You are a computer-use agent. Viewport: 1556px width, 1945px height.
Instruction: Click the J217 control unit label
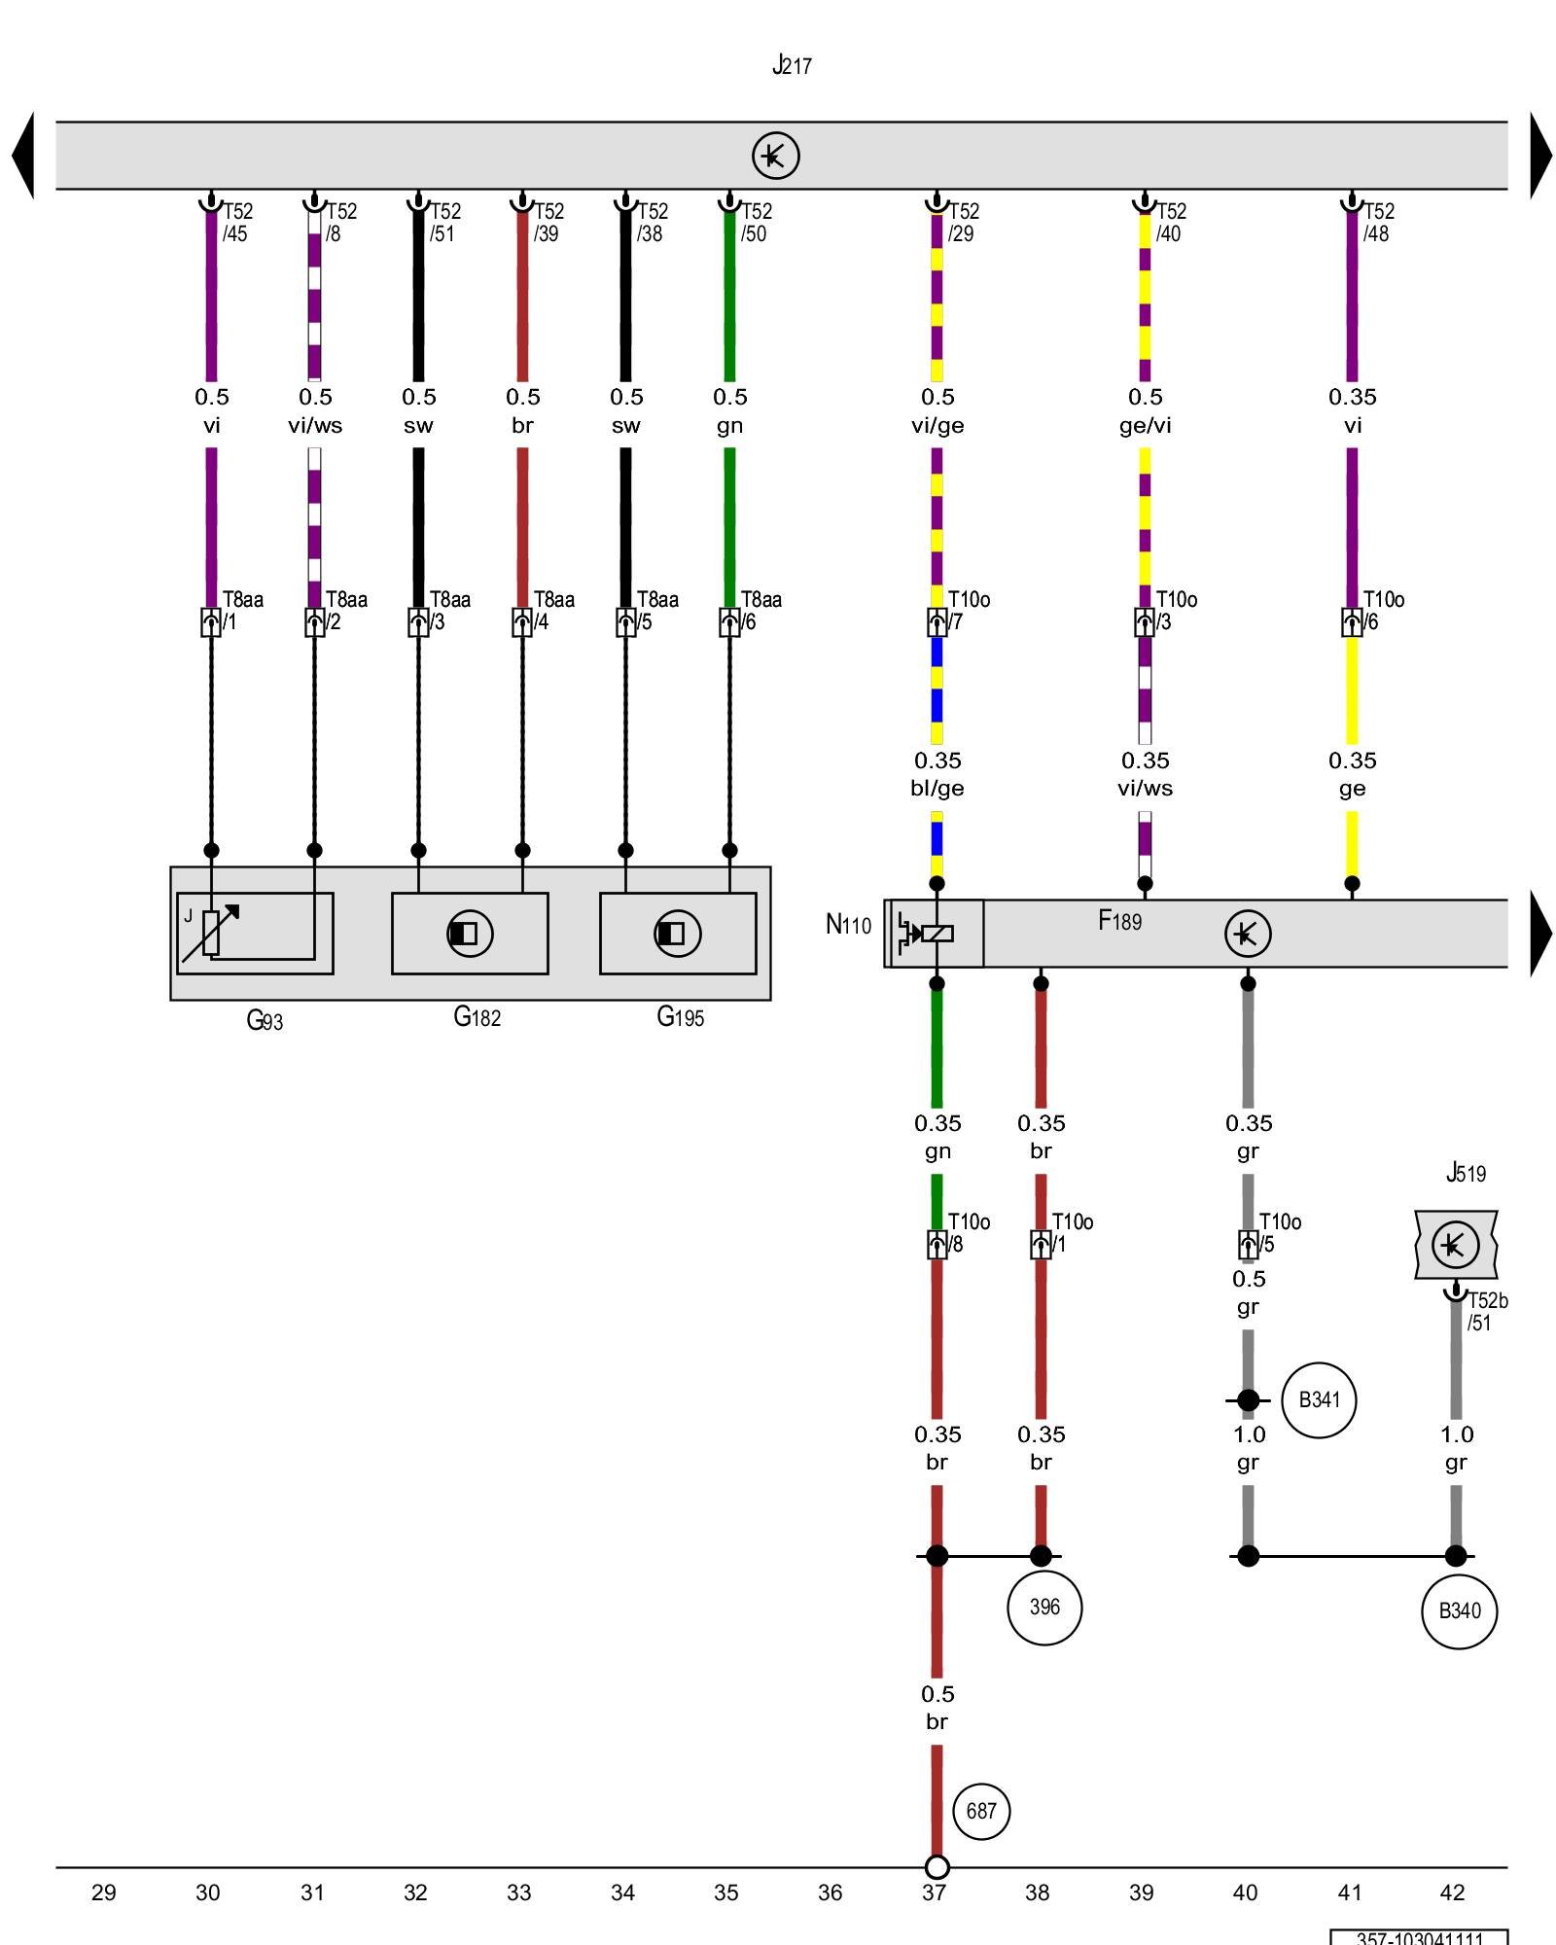click(x=792, y=65)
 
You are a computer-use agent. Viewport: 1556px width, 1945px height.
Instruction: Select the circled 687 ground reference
click(x=981, y=1811)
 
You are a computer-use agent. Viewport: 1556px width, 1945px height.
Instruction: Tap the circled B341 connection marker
click(x=1319, y=1400)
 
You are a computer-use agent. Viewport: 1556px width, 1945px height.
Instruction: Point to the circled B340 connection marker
click(x=1459, y=1611)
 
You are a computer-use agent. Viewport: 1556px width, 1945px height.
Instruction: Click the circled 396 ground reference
click(x=1044, y=1608)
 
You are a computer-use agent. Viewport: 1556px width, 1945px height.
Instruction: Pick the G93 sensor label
click(x=265, y=1020)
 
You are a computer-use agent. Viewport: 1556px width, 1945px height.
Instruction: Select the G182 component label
click(x=477, y=1017)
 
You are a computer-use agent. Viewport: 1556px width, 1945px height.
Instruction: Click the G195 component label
click(x=680, y=1017)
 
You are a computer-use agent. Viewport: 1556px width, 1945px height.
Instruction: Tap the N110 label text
click(x=848, y=925)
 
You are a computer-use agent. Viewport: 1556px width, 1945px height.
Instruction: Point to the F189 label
click(x=1119, y=920)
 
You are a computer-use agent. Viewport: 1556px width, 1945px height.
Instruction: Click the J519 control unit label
click(x=1466, y=1173)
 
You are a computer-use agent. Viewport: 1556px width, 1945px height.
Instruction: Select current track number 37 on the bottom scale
click(x=934, y=1892)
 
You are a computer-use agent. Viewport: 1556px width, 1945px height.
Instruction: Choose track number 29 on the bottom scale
click(x=104, y=1892)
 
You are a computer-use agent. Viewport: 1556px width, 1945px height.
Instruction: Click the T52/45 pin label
click(x=236, y=223)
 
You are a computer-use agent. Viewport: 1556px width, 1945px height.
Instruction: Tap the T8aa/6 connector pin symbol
click(x=729, y=622)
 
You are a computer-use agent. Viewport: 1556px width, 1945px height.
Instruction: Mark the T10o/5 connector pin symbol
click(x=1248, y=1245)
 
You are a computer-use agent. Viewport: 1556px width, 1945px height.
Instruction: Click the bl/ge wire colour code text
click(x=937, y=789)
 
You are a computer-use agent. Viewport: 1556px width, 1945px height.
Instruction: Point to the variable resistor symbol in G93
click(x=211, y=932)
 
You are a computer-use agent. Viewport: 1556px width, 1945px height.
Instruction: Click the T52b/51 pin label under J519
click(x=1486, y=1312)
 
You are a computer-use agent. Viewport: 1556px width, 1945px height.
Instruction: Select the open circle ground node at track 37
click(x=937, y=1867)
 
